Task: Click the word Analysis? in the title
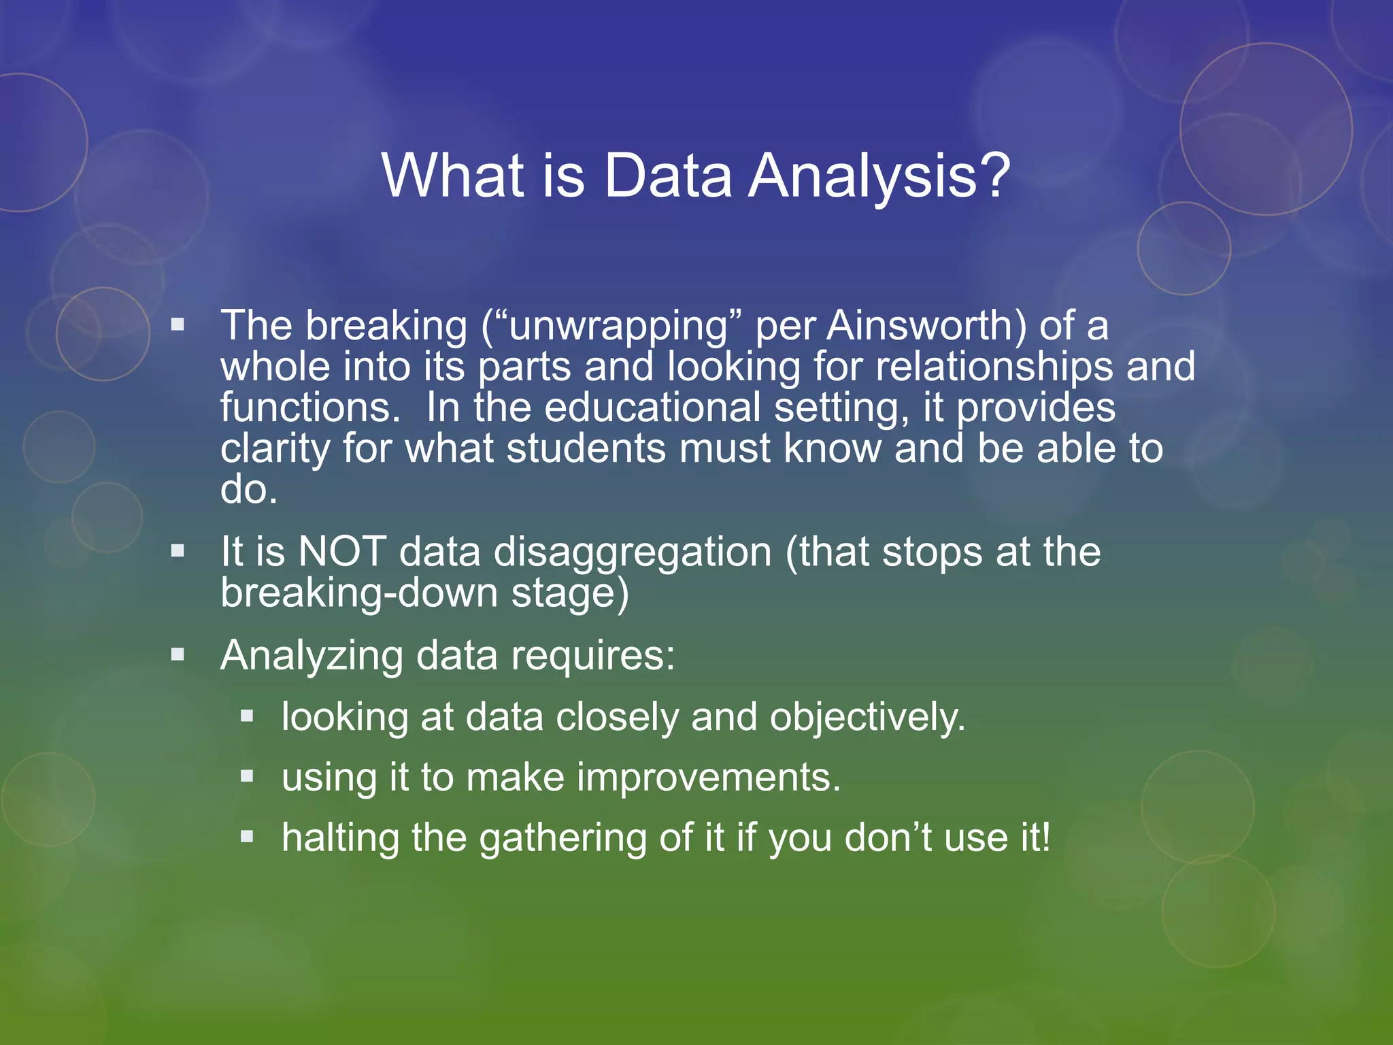[879, 176]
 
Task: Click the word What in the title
[453, 176]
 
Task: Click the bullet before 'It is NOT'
[178, 550]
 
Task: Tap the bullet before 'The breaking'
[178, 325]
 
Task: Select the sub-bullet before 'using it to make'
[247, 776]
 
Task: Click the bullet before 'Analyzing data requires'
[178, 654]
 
